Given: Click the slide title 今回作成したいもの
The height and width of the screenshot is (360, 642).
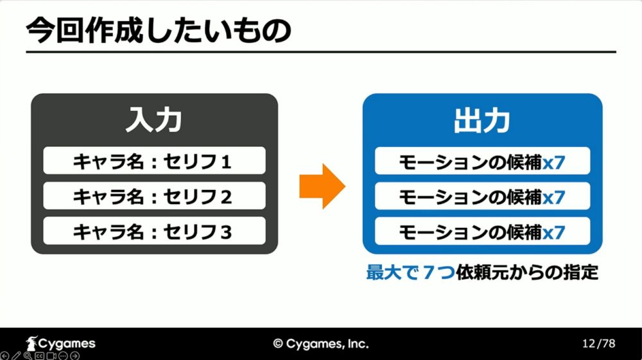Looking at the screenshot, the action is click(159, 31).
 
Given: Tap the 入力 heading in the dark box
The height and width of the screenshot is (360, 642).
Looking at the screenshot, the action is click(154, 120).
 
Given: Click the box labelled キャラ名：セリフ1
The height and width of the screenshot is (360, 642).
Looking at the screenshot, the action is click(154, 160).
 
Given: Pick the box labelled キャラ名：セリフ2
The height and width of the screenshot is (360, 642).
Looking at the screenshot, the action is click(154, 196).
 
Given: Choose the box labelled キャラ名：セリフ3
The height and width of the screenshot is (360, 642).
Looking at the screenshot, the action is click(154, 231).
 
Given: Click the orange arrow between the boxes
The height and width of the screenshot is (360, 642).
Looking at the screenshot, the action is click(322, 186).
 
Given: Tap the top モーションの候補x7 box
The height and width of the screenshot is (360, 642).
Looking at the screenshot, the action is click(482, 161).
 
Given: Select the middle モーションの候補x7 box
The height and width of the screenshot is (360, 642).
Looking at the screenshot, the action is click(482, 196).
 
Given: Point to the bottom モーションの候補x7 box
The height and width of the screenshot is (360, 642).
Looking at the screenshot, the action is click(482, 232).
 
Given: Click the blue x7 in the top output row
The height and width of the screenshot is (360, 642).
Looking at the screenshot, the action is click(554, 163).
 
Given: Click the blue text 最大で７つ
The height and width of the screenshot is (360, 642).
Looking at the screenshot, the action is click(411, 272).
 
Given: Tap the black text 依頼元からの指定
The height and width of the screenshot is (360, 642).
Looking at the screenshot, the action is click(527, 272).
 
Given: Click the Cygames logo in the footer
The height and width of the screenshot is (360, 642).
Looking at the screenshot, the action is click(60, 344).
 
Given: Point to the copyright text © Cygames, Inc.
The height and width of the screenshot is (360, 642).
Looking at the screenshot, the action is click(321, 344).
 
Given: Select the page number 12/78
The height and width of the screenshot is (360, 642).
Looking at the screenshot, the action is click(598, 343).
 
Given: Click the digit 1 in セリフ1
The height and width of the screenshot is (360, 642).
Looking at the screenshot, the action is click(226, 162).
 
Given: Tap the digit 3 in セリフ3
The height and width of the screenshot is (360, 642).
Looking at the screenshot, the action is click(227, 232).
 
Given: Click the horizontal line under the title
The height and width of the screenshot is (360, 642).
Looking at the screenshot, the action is click(321, 52).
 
